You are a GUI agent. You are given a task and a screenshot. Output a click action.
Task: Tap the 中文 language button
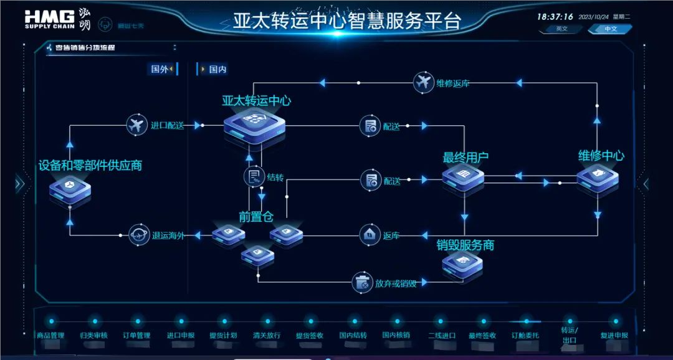(610, 29)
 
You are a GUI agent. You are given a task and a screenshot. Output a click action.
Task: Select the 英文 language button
(561, 29)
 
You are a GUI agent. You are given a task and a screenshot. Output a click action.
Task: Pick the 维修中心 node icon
(597, 177)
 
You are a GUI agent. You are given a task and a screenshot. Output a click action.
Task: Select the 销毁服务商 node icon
(462, 264)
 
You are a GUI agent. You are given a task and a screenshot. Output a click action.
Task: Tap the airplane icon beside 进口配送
(136, 125)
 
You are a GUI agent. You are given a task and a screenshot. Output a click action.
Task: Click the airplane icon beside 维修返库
(423, 82)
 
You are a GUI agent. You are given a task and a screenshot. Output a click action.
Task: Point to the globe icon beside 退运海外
(139, 235)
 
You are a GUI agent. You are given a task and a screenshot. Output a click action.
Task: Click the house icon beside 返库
(370, 235)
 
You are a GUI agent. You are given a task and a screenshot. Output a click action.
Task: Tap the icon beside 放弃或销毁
(361, 283)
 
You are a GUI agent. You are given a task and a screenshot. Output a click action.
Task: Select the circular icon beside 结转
(253, 176)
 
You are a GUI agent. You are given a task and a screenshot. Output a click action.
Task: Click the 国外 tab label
(160, 69)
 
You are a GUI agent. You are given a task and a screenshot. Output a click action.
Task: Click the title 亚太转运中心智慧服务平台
(346, 21)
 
